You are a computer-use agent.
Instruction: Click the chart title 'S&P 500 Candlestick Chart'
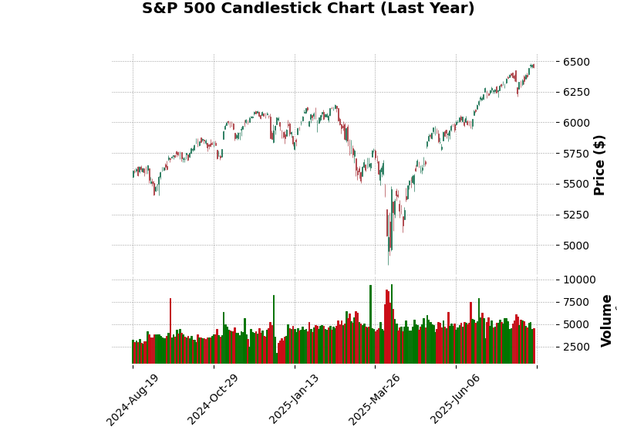[308, 9]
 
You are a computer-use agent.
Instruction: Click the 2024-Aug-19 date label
[133, 399]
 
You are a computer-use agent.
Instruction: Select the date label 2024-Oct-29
[214, 399]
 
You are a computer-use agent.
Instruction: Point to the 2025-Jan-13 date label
[295, 399]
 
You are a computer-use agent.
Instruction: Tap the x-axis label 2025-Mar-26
[375, 399]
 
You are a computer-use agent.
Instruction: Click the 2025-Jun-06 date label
[456, 399]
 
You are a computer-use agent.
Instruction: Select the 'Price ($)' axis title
[600, 164]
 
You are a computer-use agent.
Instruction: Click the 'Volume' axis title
[607, 320]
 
